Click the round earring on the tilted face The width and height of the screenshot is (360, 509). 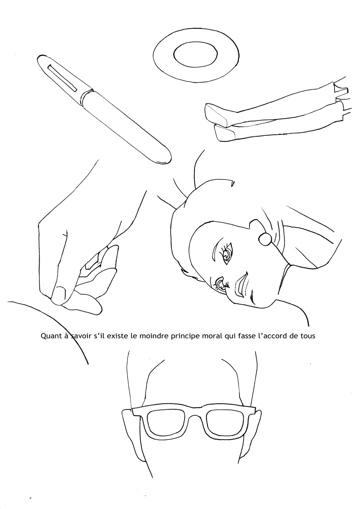coord(265,239)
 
